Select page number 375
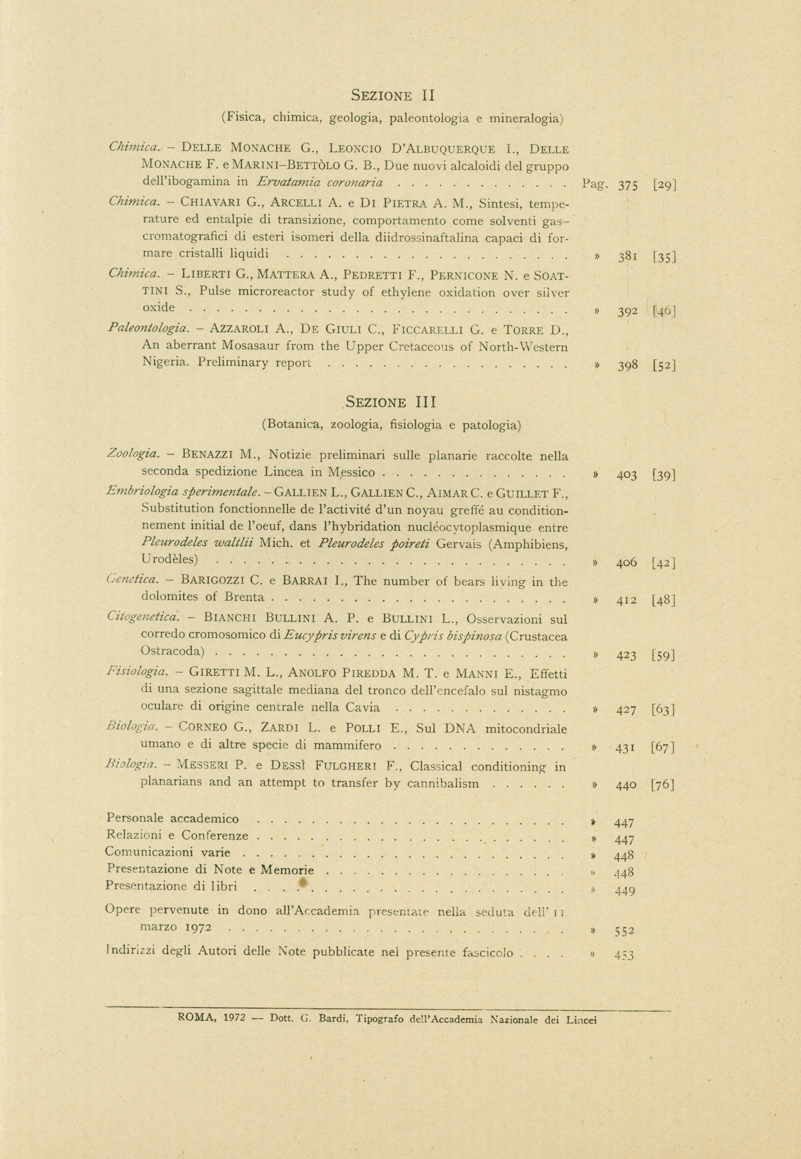click(628, 186)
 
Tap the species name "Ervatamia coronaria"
click(321, 183)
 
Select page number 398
click(628, 365)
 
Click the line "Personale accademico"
click(173, 818)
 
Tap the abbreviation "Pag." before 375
click(595, 184)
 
